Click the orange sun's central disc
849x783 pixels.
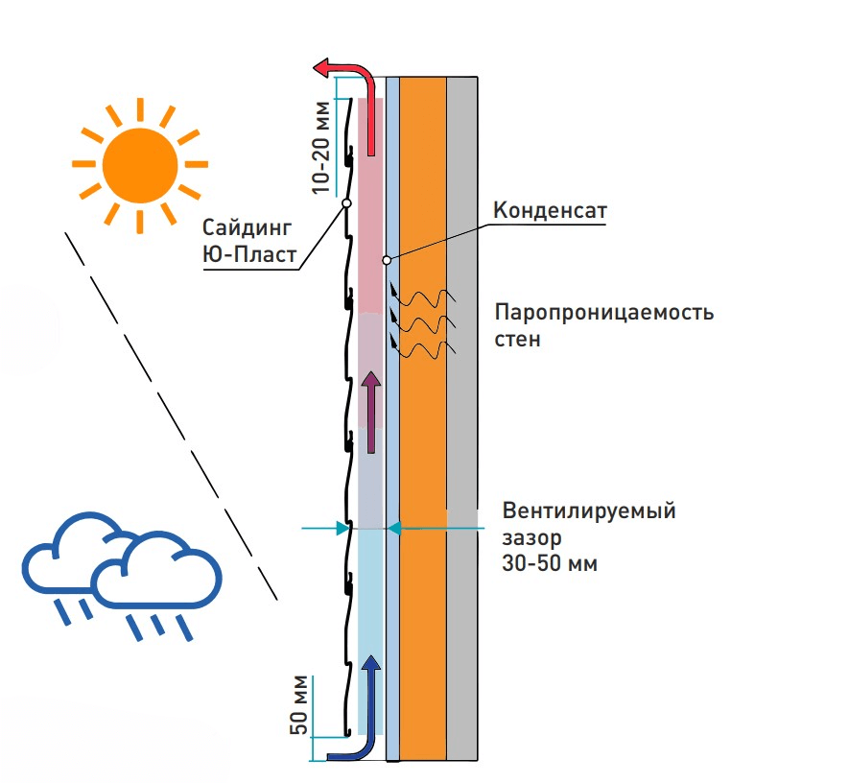(140, 165)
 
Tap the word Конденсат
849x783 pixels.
(549, 210)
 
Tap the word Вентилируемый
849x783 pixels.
(589, 510)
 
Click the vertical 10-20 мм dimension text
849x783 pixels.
(324, 148)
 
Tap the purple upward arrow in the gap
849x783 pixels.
(370, 414)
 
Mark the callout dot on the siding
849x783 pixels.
(343, 203)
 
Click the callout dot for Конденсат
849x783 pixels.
(386, 260)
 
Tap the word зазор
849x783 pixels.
(526, 536)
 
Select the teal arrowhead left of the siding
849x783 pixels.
(342, 527)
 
